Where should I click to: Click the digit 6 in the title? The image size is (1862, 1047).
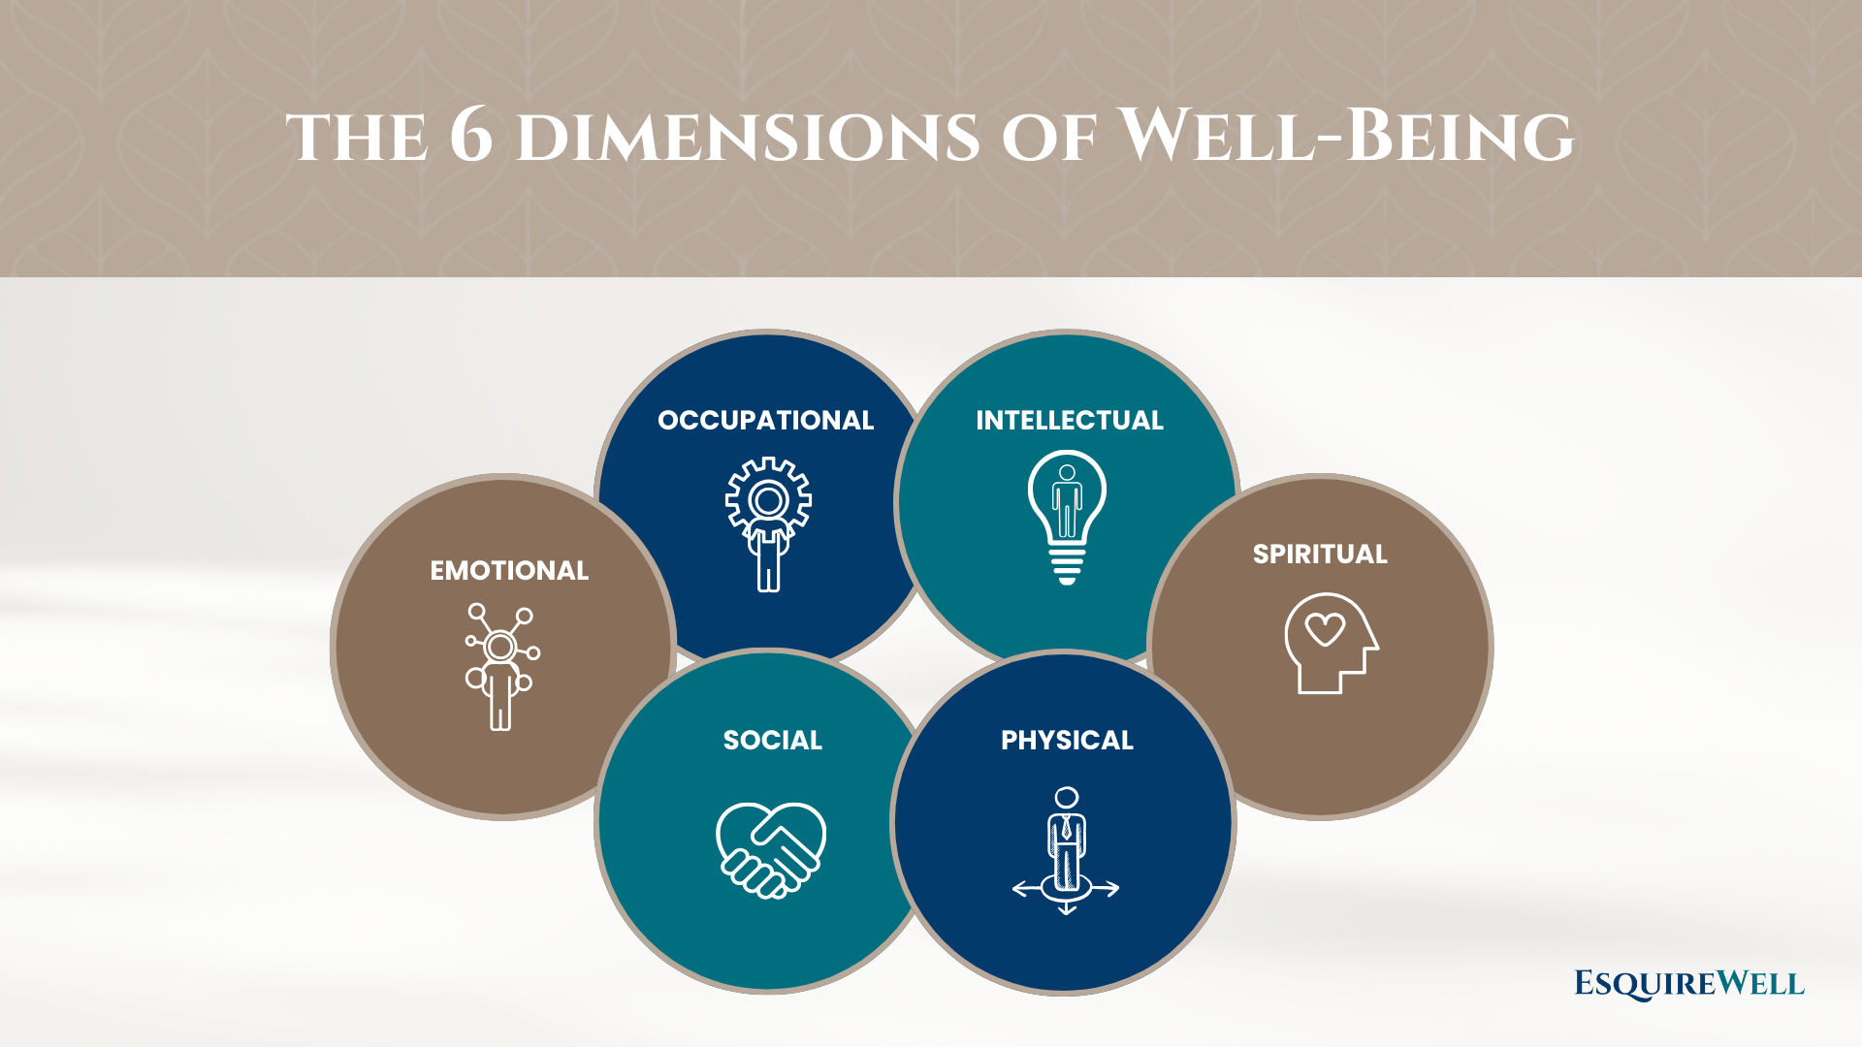(471, 136)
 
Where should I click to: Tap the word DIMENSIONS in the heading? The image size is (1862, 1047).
(747, 138)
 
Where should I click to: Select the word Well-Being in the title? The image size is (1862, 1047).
(1346, 136)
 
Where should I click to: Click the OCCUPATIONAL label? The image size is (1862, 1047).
(765, 420)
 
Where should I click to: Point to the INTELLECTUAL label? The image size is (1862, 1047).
(1069, 420)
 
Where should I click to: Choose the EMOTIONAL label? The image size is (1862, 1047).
(509, 570)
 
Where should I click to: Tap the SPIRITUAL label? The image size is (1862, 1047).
(1320, 554)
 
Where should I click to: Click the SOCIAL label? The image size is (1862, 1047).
(772, 740)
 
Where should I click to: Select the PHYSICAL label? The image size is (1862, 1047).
(1067, 740)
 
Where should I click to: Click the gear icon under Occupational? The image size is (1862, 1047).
(769, 500)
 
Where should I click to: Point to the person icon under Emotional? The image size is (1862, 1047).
(501, 666)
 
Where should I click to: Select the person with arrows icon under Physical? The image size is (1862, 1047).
(1066, 850)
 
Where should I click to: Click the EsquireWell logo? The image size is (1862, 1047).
(1688, 984)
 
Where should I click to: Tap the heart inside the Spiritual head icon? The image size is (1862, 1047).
(1325, 629)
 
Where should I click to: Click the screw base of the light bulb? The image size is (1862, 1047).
(1067, 565)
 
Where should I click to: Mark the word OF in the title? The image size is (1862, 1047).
(1048, 138)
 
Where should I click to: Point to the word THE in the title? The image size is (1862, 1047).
(357, 138)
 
